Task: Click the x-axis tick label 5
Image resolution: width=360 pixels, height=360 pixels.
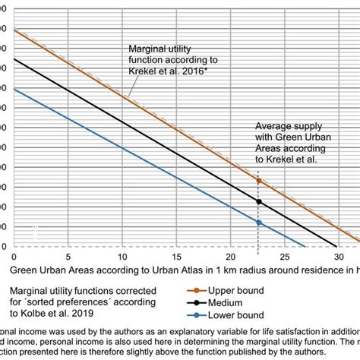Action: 69,257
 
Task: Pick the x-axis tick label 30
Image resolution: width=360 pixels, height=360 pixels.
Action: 336,257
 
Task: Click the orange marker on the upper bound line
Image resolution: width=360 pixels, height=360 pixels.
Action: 259,181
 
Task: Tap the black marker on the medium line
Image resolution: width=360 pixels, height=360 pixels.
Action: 259,202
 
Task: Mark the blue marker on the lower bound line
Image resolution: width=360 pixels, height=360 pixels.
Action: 259,223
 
